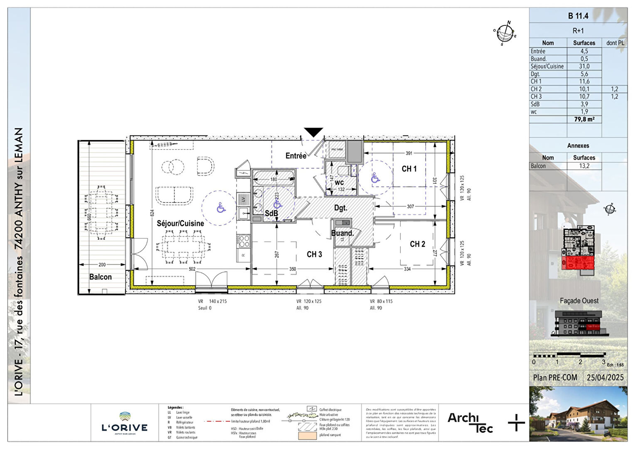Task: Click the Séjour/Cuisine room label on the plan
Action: click(x=180, y=223)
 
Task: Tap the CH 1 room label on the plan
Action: click(x=409, y=169)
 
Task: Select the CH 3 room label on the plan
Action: click(x=314, y=254)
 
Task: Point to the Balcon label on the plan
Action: click(x=101, y=277)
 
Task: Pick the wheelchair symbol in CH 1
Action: click(x=375, y=178)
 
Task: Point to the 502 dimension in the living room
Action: click(x=192, y=269)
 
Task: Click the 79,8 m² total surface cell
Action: click(x=584, y=119)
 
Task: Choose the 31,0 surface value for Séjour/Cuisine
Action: click(x=584, y=67)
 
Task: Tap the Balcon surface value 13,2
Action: click(x=584, y=166)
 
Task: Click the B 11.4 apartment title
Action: click(x=578, y=16)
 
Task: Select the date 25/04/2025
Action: click(x=605, y=377)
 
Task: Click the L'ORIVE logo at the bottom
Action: click(x=125, y=423)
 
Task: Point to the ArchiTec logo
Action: click(x=470, y=422)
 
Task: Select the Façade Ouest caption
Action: click(x=579, y=301)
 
